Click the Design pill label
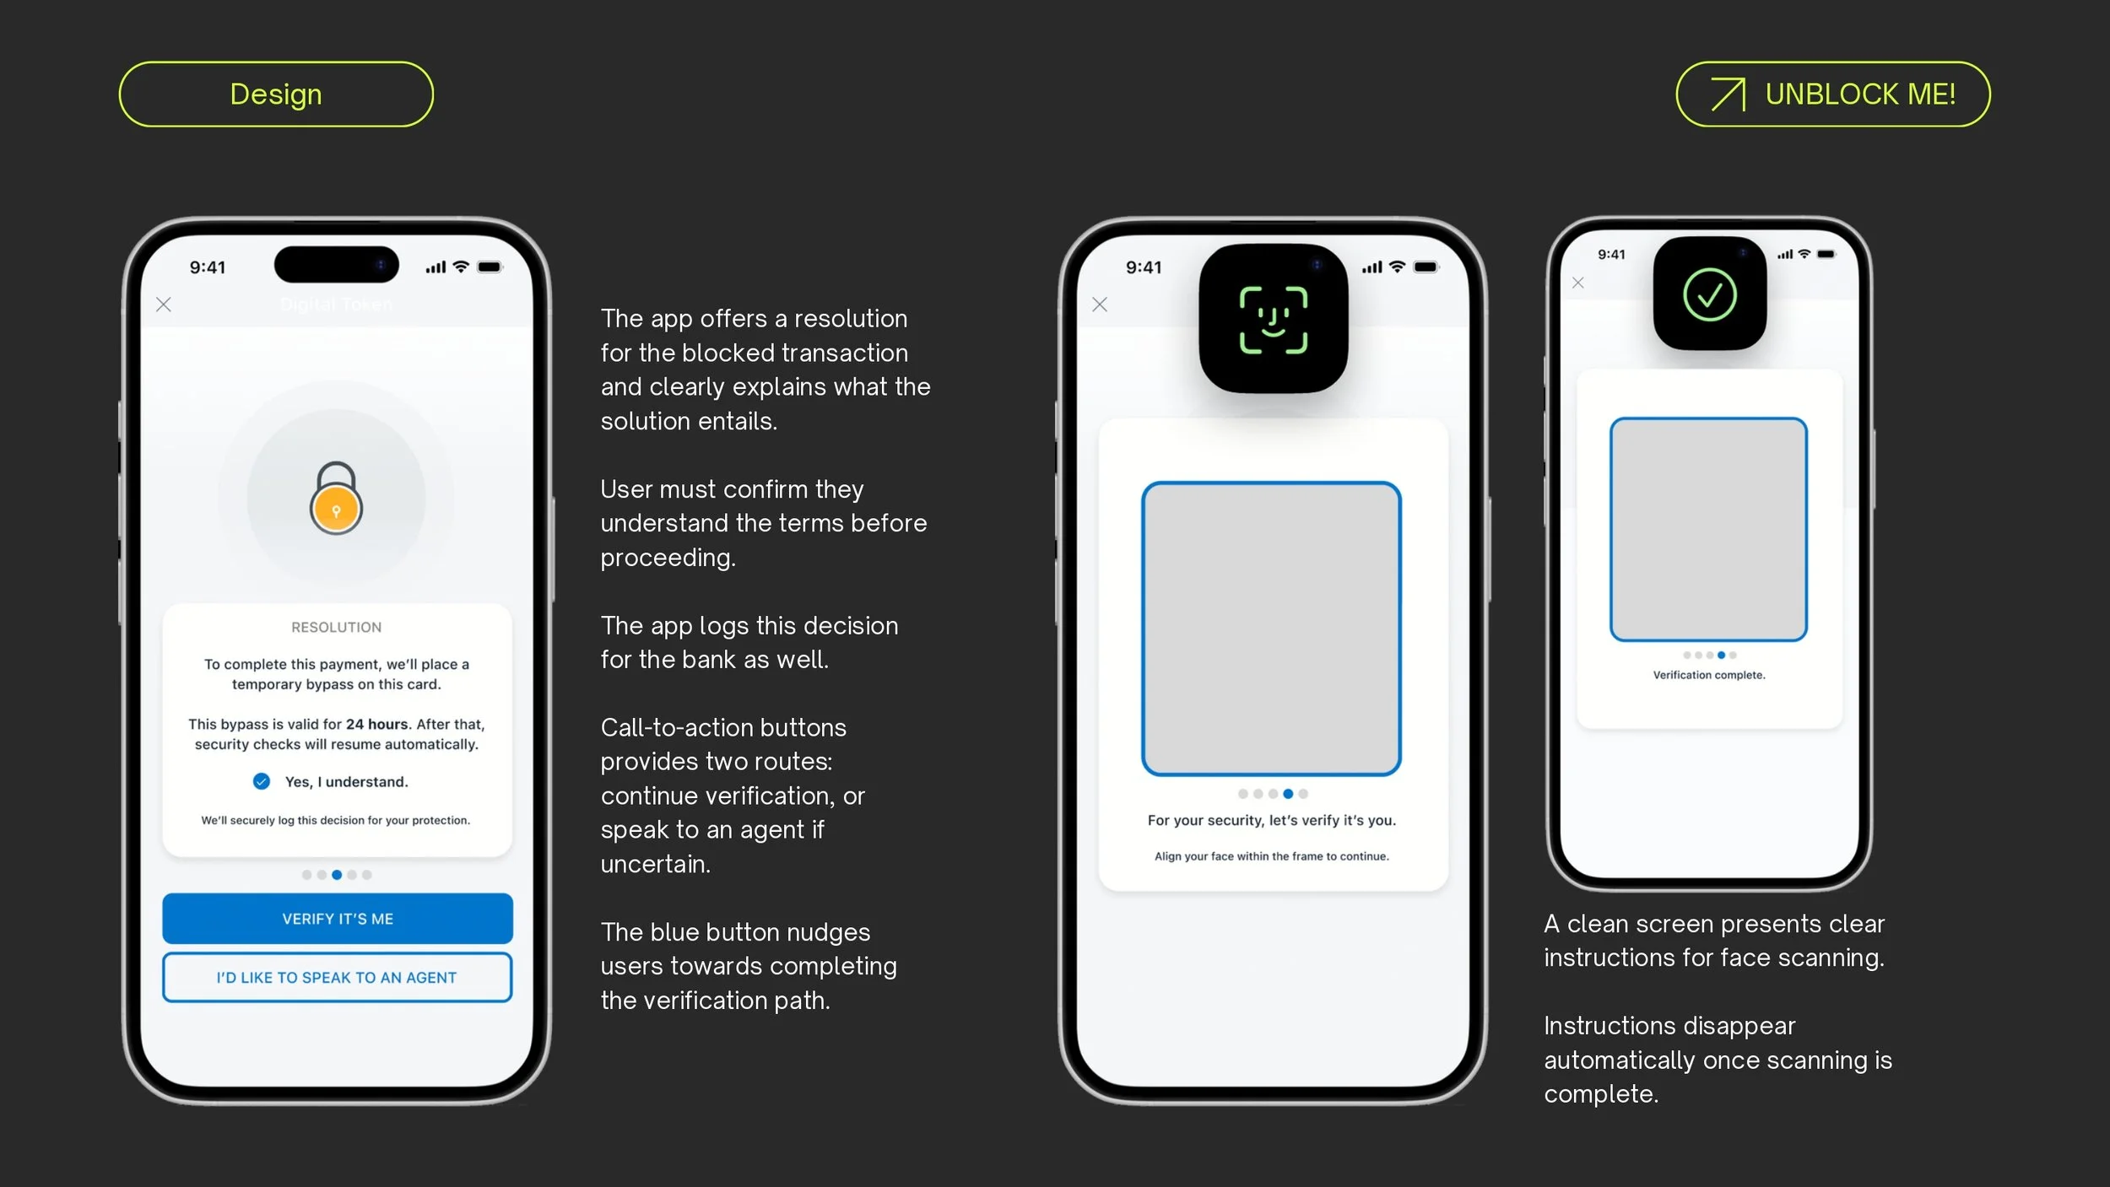(276, 94)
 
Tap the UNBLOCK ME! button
(1833, 94)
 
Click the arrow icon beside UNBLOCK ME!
(1728, 94)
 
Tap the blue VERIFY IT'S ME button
(338, 919)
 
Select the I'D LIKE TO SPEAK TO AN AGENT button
(338, 978)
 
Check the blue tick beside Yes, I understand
(262, 782)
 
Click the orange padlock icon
(336, 499)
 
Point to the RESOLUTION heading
(337, 628)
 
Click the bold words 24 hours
(377, 725)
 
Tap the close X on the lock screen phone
(164, 305)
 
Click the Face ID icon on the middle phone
(1274, 320)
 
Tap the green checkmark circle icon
(1710, 295)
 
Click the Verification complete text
(1709, 675)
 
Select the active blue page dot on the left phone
(337, 875)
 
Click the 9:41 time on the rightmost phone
(1611, 255)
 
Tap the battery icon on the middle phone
(1426, 267)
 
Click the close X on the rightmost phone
(1578, 283)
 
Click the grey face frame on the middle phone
(1272, 629)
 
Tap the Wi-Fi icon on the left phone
(461, 267)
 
